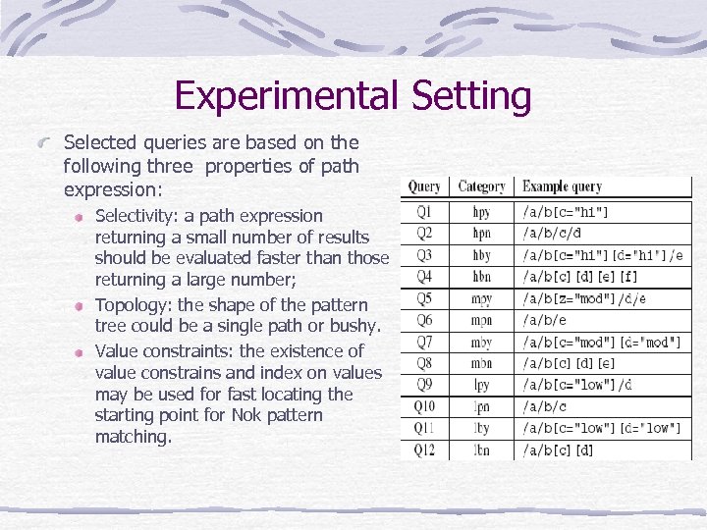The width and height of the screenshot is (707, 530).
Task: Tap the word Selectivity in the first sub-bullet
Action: (136, 216)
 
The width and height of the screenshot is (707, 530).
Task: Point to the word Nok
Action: (250, 415)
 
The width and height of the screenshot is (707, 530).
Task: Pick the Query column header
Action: (424, 186)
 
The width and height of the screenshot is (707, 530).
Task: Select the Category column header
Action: (481, 186)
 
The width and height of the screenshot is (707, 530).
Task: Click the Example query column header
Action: (562, 186)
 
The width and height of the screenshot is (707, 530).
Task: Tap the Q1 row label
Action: (424, 212)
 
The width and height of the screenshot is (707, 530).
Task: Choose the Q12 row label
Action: (424, 450)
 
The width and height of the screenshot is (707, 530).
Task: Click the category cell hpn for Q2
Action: (481, 234)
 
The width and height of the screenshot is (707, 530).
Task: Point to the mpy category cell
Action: (481, 298)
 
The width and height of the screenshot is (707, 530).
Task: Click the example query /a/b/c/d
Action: (553, 234)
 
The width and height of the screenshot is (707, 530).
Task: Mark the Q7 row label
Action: (424, 342)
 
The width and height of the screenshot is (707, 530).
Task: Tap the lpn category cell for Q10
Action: (481, 406)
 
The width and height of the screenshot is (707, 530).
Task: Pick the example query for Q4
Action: (580, 277)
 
